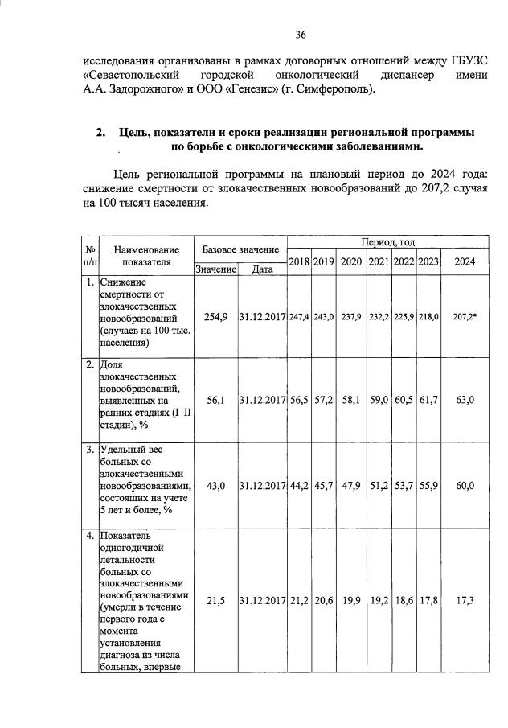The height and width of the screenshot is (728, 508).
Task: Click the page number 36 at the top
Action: [x=301, y=34]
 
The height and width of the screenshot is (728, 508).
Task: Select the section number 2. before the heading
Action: [x=100, y=132]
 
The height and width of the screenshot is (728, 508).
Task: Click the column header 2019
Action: [x=323, y=261]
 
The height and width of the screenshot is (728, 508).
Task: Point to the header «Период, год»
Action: [x=387, y=241]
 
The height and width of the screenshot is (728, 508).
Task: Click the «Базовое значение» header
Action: [x=240, y=250]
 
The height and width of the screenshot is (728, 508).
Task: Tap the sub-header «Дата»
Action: [x=262, y=269]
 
